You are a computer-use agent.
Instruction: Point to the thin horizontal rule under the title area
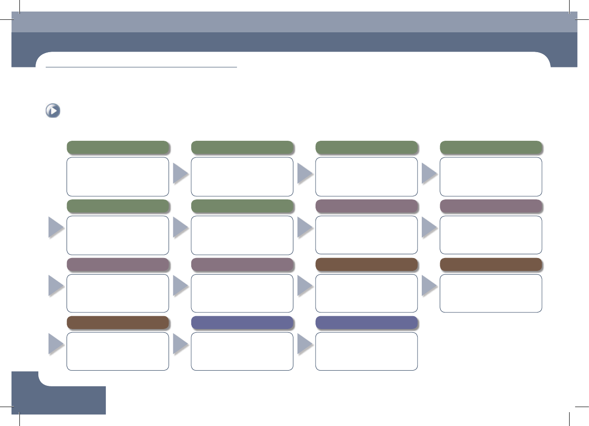141,67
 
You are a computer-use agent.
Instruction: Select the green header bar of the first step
117,147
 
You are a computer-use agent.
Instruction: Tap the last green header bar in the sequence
242,206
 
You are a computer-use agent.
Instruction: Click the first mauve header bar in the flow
366,206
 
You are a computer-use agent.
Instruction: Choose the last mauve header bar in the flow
242,264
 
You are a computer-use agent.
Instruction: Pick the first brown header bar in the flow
366,264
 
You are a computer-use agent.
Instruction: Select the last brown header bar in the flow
117,323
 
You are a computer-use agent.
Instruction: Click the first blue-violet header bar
242,323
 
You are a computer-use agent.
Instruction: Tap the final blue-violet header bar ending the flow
366,323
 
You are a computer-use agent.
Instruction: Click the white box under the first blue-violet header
242,351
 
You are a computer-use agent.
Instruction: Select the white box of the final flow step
366,351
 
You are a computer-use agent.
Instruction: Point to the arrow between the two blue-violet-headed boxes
305,345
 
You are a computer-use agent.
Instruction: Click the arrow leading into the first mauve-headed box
305,228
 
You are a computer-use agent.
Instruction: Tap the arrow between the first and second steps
181,175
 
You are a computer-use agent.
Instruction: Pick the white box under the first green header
117,176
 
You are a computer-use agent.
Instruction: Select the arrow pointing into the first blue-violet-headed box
181,345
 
